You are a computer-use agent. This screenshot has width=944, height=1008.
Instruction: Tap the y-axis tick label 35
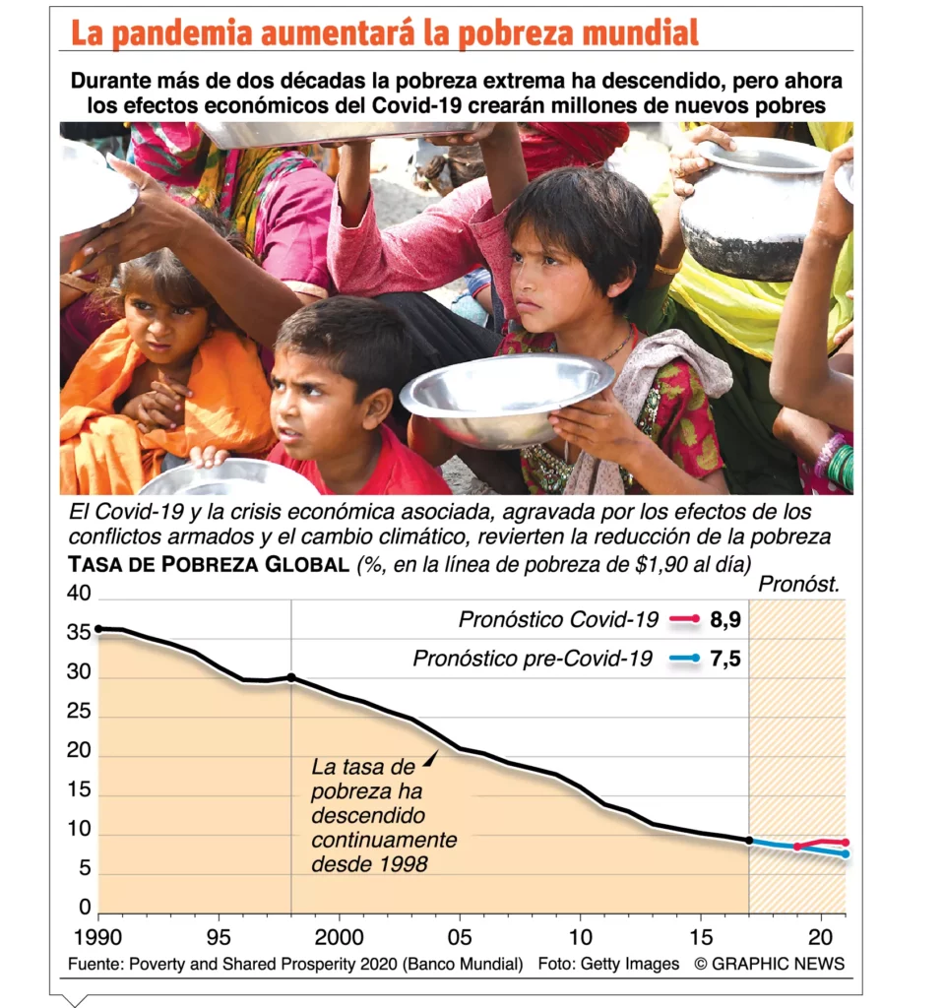point(78,634)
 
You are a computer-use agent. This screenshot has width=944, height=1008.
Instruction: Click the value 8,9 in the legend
point(724,619)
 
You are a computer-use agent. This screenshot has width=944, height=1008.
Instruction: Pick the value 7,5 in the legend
point(724,659)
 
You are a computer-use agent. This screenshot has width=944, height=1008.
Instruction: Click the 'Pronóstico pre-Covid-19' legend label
point(532,659)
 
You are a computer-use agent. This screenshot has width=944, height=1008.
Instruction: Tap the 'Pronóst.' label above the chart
point(798,585)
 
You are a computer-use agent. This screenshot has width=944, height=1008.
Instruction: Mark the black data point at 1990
point(97,628)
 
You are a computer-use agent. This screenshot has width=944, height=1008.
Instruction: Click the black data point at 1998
point(291,677)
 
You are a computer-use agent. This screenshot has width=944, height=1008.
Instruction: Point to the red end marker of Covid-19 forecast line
point(845,843)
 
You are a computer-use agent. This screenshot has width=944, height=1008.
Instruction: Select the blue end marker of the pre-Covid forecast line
point(845,853)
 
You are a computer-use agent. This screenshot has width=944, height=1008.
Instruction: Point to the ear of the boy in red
point(375,407)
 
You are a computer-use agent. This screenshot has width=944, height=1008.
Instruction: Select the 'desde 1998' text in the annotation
point(369,865)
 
